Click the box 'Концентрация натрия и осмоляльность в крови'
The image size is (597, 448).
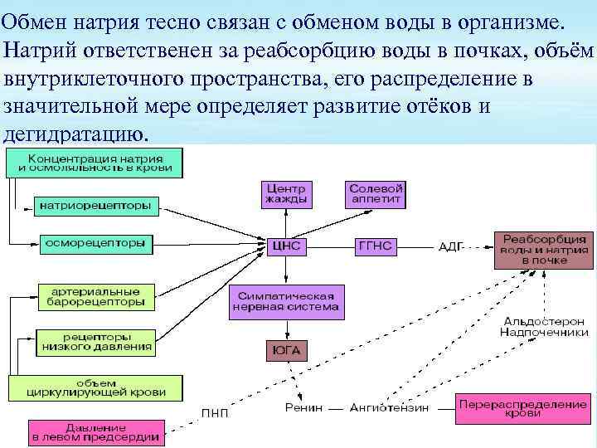click(95, 163)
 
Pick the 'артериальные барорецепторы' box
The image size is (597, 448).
click(95, 297)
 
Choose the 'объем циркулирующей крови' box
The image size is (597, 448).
click(95, 387)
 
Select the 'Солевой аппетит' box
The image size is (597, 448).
click(376, 194)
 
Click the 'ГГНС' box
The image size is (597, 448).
click(376, 246)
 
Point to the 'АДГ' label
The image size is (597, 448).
click(452, 246)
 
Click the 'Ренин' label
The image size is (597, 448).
click(302, 408)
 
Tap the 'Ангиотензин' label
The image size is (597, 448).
click(389, 408)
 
